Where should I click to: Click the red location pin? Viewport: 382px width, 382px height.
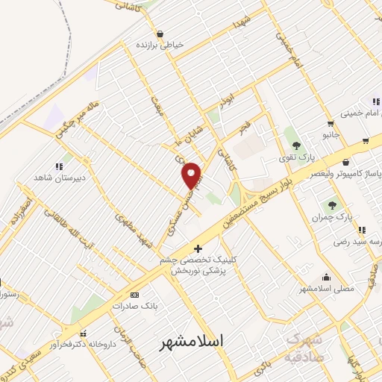(x=192, y=175)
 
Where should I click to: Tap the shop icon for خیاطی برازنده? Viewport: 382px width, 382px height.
(x=160, y=34)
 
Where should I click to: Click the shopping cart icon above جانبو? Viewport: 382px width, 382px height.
(x=330, y=124)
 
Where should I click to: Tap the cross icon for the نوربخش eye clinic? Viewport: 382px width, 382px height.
(x=198, y=248)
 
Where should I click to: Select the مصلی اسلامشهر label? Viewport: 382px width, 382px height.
(x=327, y=288)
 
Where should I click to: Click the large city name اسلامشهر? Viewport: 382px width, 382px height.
(x=192, y=343)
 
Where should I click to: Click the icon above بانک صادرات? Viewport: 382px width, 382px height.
(x=134, y=293)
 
